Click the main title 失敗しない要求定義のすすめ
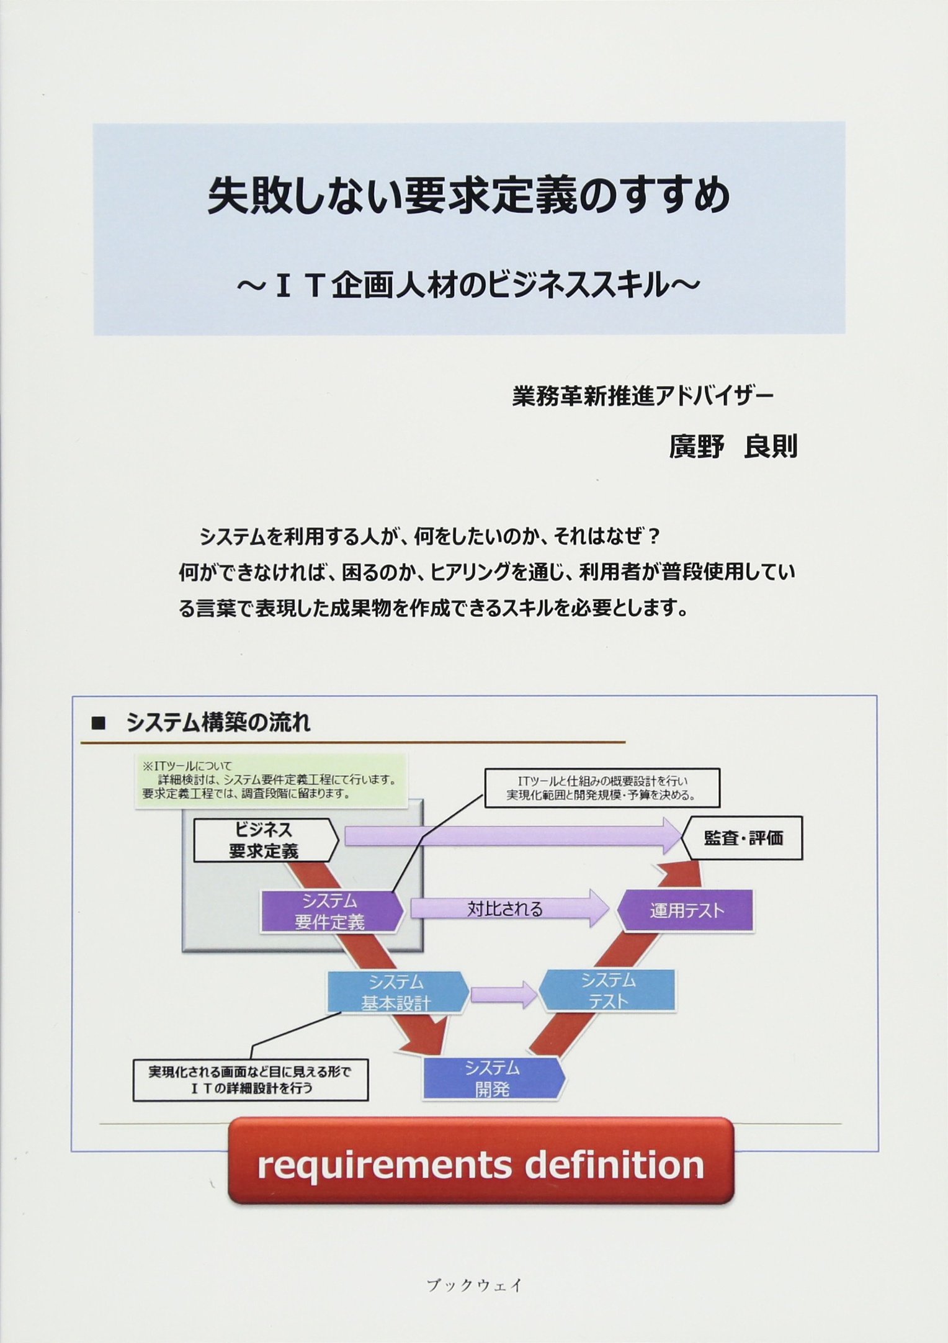[x=469, y=195]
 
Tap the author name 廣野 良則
[x=733, y=446]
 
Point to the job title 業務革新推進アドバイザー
[x=643, y=396]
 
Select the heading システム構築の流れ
[x=218, y=722]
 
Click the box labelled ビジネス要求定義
[x=266, y=840]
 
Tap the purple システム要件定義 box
[x=331, y=911]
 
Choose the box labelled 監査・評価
[x=743, y=838]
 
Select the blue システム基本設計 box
[x=397, y=992]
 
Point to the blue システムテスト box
[x=607, y=990]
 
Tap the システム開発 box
[x=494, y=1079]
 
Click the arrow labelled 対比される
[x=509, y=909]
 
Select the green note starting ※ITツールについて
[x=271, y=780]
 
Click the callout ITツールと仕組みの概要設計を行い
[x=602, y=788]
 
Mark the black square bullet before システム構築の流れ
[x=98, y=723]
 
